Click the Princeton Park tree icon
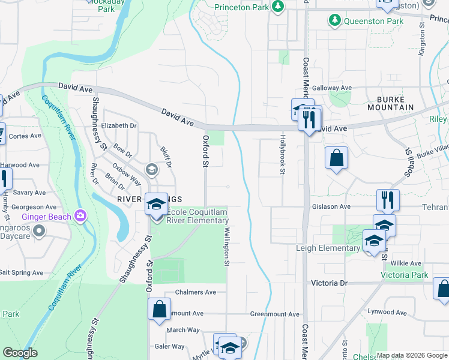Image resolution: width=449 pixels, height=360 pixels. (x=277, y=7)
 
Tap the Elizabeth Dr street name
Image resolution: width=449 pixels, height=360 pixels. (x=119, y=126)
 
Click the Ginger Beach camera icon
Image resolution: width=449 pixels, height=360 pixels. (x=80, y=216)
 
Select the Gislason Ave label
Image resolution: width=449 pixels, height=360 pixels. (x=331, y=206)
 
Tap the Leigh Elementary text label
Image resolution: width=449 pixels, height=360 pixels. (x=327, y=248)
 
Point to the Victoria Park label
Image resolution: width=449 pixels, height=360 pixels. (x=405, y=275)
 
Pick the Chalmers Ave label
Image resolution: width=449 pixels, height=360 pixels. (x=195, y=292)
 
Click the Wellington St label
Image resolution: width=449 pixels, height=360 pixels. (x=227, y=246)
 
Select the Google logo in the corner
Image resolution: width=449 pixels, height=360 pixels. (x=20, y=353)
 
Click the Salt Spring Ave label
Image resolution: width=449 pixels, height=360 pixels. (x=22, y=272)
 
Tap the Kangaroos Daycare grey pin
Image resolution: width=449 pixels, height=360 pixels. (x=39, y=230)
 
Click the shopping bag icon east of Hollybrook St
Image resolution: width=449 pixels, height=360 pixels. (x=336, y=158)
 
